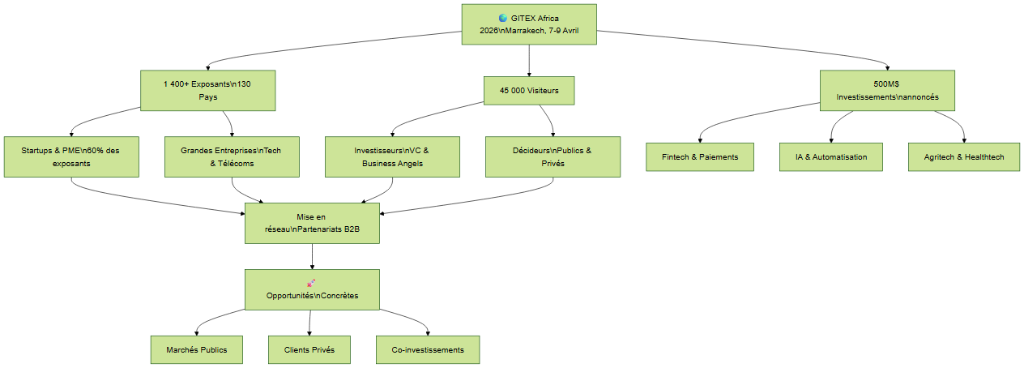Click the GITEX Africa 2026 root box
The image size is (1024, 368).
pyautogui.click(x=529, y=24)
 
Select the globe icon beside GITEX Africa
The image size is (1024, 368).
pyautogui.click(x=503, y=18)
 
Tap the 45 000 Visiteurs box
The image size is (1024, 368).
pyautogui.click(x=529, y=91)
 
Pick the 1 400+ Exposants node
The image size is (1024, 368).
pyautogui.click(x=208, y=91)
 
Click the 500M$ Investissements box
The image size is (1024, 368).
pyautogui.click(x=887, y=91)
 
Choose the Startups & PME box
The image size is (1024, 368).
pyautogui.click(x=71, y=156)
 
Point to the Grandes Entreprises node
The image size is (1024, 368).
pyautogui.click(x=232, y=156)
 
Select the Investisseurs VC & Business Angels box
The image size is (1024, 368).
pyautogui.click(x=392, y=156)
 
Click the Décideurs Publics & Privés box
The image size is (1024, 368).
pyautogui.click(x=553, y=156)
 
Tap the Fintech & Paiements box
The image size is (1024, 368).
pyautogui.click(x=700, y=156)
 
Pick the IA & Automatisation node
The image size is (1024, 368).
pyautogui.click(x=831, y=156)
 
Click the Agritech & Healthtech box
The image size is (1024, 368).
pyautogui.click(x=964, y=156)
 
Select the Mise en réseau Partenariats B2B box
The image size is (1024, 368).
pyautogui.click(x=312, y=223)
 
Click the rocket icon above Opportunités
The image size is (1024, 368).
pyautogui.click(x=311, y=283)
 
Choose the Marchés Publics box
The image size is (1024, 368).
pyautogui.click(x=197, y=349)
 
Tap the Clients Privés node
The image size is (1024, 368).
pyautogui.click(x=309, y=349)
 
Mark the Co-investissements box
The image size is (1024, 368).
pyautogui.click(x=428, y=349)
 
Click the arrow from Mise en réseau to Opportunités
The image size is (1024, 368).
pyautogui.click(x=312, y=256)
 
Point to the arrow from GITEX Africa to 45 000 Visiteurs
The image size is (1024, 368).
pyautogui.click(x=529, y=60)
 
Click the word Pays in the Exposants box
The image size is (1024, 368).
pyautogui.click(x=208, y=97)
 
